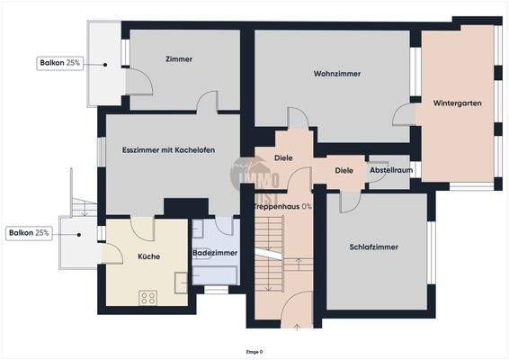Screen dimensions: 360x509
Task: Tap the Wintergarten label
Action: tap(457, 103)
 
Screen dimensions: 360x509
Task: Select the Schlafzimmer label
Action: tap(373, 247)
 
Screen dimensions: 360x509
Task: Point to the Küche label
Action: tap(149, 256)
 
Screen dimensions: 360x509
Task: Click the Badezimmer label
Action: tap(215, 254)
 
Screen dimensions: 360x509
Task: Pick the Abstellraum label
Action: tap(391, 170)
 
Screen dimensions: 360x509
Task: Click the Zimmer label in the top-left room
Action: tap(180, 59)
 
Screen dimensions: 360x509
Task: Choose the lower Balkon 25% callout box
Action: tap(30, 233)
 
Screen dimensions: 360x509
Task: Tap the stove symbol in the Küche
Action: tap(148, 297)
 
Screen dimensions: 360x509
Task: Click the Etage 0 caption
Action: tap(254, 352)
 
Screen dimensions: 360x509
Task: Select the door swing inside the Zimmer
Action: tap(138, 83)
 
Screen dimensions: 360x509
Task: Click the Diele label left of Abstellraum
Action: tap(344, 170)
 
